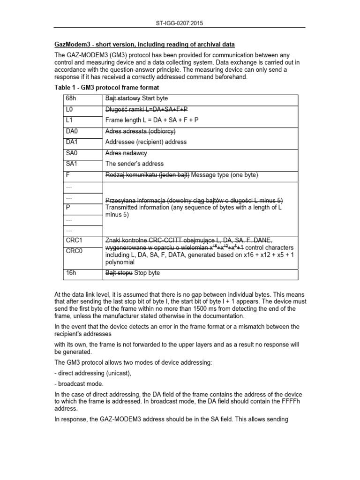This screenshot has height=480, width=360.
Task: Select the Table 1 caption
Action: (x=106, y=88)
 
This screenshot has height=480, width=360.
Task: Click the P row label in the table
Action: (x=68, y=207)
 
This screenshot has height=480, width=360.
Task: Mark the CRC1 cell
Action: (x=74, y=240)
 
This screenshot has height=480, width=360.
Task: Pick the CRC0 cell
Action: (x=74, y=251)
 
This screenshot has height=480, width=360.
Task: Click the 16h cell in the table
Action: (x=71, y=272)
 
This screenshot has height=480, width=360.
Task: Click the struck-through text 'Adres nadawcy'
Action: (x=126, y=153)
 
